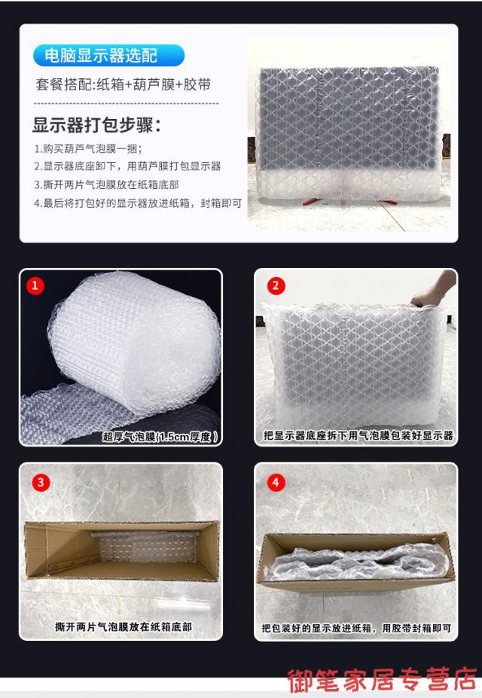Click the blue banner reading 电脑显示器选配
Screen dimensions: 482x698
pyautogui.click(x=108, y=55)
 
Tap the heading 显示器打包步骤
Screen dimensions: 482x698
pyautogui.click(x=96, y=125)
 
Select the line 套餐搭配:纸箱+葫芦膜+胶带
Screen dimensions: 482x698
pyautogui.click(x=124, y=84)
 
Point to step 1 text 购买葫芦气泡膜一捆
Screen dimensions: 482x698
pyautogui.click(x=88, y=148)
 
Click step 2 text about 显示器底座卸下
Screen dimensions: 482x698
pyautogui.click(x=127, y=166)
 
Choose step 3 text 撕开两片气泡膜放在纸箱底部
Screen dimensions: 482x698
pyautogui.click(x=106, y=184)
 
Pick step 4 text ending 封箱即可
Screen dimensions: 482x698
pyautogui.click(x=138, y=203)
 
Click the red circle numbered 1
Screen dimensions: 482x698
pyautogui.click(x=35, y=285)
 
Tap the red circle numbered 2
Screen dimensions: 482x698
pyautogui.click(x=276, y=285)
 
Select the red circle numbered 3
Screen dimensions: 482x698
pyautogui.click(x=41, y=482)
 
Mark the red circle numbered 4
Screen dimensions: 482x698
pyautogui.click(x=276, y=482)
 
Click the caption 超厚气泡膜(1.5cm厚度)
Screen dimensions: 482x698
pyautogui.click(x=160, y=437)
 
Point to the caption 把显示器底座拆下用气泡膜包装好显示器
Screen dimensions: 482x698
pyautogui.click(x=358, y=435)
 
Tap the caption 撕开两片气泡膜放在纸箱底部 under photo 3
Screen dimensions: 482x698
pyautogui.click(x=124, y=626)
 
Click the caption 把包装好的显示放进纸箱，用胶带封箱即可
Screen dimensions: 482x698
pyautogui.click(x=356, y=628)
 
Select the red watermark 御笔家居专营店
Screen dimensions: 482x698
pyautogui.click(x=382, y=680)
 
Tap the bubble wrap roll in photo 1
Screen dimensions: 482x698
pyautogui.click(x=133, y=343)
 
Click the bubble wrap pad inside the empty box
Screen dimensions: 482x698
pyautogui.click(x=148, y=547)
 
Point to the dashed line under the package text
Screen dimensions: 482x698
pyautogui.click(x=127, y=103)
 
